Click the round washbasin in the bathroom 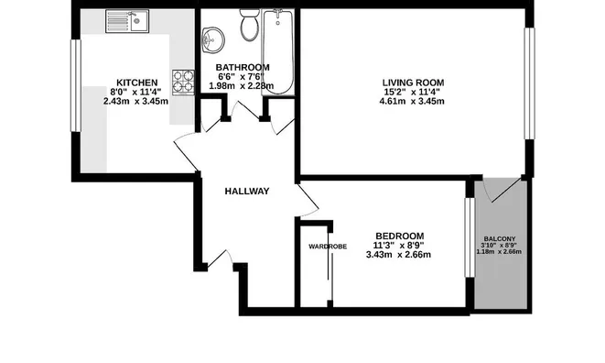(x=213, y=38)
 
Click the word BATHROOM (x=243, y=68)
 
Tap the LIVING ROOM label (x=412, y=82)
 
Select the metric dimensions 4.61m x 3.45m (x=412, y=102)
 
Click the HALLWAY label (x=247, y=192)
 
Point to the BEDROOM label (x=399, y=235)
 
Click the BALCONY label (x=500, y=240)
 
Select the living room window (x=527, y=83)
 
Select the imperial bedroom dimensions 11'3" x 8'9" (x=398, y=244)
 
